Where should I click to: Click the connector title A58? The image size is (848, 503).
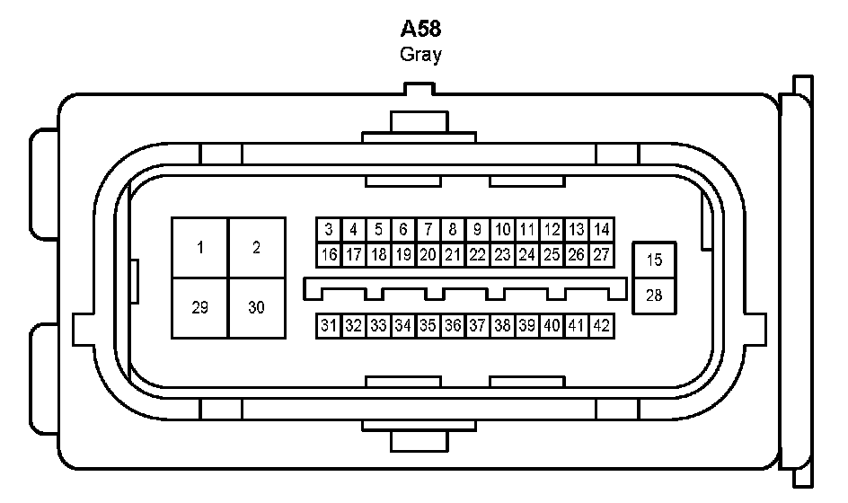[420, 29]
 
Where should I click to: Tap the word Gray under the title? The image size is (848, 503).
[420, 55]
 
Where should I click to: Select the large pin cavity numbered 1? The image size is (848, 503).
[200, 248]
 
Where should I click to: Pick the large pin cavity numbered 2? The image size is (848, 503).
[257, 248]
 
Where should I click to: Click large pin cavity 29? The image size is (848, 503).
[200, 307]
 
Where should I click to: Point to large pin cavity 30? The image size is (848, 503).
[257, 307]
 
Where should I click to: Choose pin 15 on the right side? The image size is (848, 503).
[654, 260]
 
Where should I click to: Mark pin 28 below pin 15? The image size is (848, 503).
[654, 295]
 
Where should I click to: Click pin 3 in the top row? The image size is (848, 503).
[330, 230]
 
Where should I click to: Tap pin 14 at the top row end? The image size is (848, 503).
[602, 230]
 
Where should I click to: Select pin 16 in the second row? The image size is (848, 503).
[330, 255]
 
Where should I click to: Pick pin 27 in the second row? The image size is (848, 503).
[602, 255]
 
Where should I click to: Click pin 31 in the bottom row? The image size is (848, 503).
[330, 325]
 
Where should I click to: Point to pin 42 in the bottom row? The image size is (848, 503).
[602, 325]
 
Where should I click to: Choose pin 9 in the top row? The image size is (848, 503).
[478, 230]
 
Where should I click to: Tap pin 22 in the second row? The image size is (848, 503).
[478, 255]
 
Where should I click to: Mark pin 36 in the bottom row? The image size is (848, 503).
[453, 325]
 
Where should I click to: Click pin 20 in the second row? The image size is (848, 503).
[428, 255]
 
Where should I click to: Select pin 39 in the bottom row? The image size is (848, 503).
[527, 325]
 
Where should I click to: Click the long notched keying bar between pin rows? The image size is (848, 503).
[465, 287]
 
